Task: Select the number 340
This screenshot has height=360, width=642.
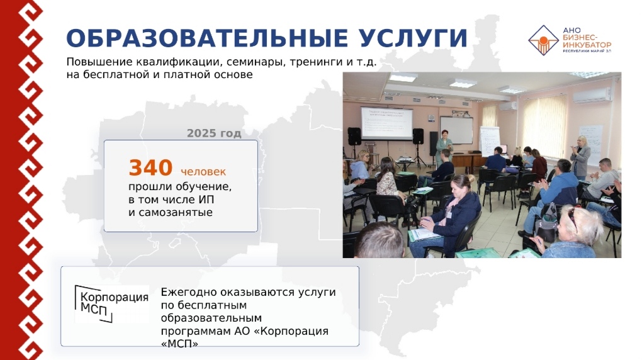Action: pyautogui.click(x=150, y=168)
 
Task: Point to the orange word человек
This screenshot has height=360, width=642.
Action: pyautogui.click(x=203, y=172)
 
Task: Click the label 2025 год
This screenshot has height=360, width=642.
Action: pyautogui.click(x=214, y=133)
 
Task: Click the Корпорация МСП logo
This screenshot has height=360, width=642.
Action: pyautogui.click(x=111, y=303)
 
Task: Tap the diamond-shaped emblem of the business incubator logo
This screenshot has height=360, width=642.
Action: pyautogui.click(x=543, y=40)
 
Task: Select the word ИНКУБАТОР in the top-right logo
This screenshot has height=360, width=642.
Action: pyautogui.click(x=587, y=45)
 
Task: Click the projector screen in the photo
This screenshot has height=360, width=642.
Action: pyautogui.click(x=386, y=123)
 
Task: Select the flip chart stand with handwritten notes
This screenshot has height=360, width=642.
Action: pyautogui.click(x=490, y=141)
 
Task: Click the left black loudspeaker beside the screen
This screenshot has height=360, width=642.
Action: pyautogui.click(x=354, y=136)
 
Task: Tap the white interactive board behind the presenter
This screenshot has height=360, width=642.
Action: pyautogui.click(x=456, y=130)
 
